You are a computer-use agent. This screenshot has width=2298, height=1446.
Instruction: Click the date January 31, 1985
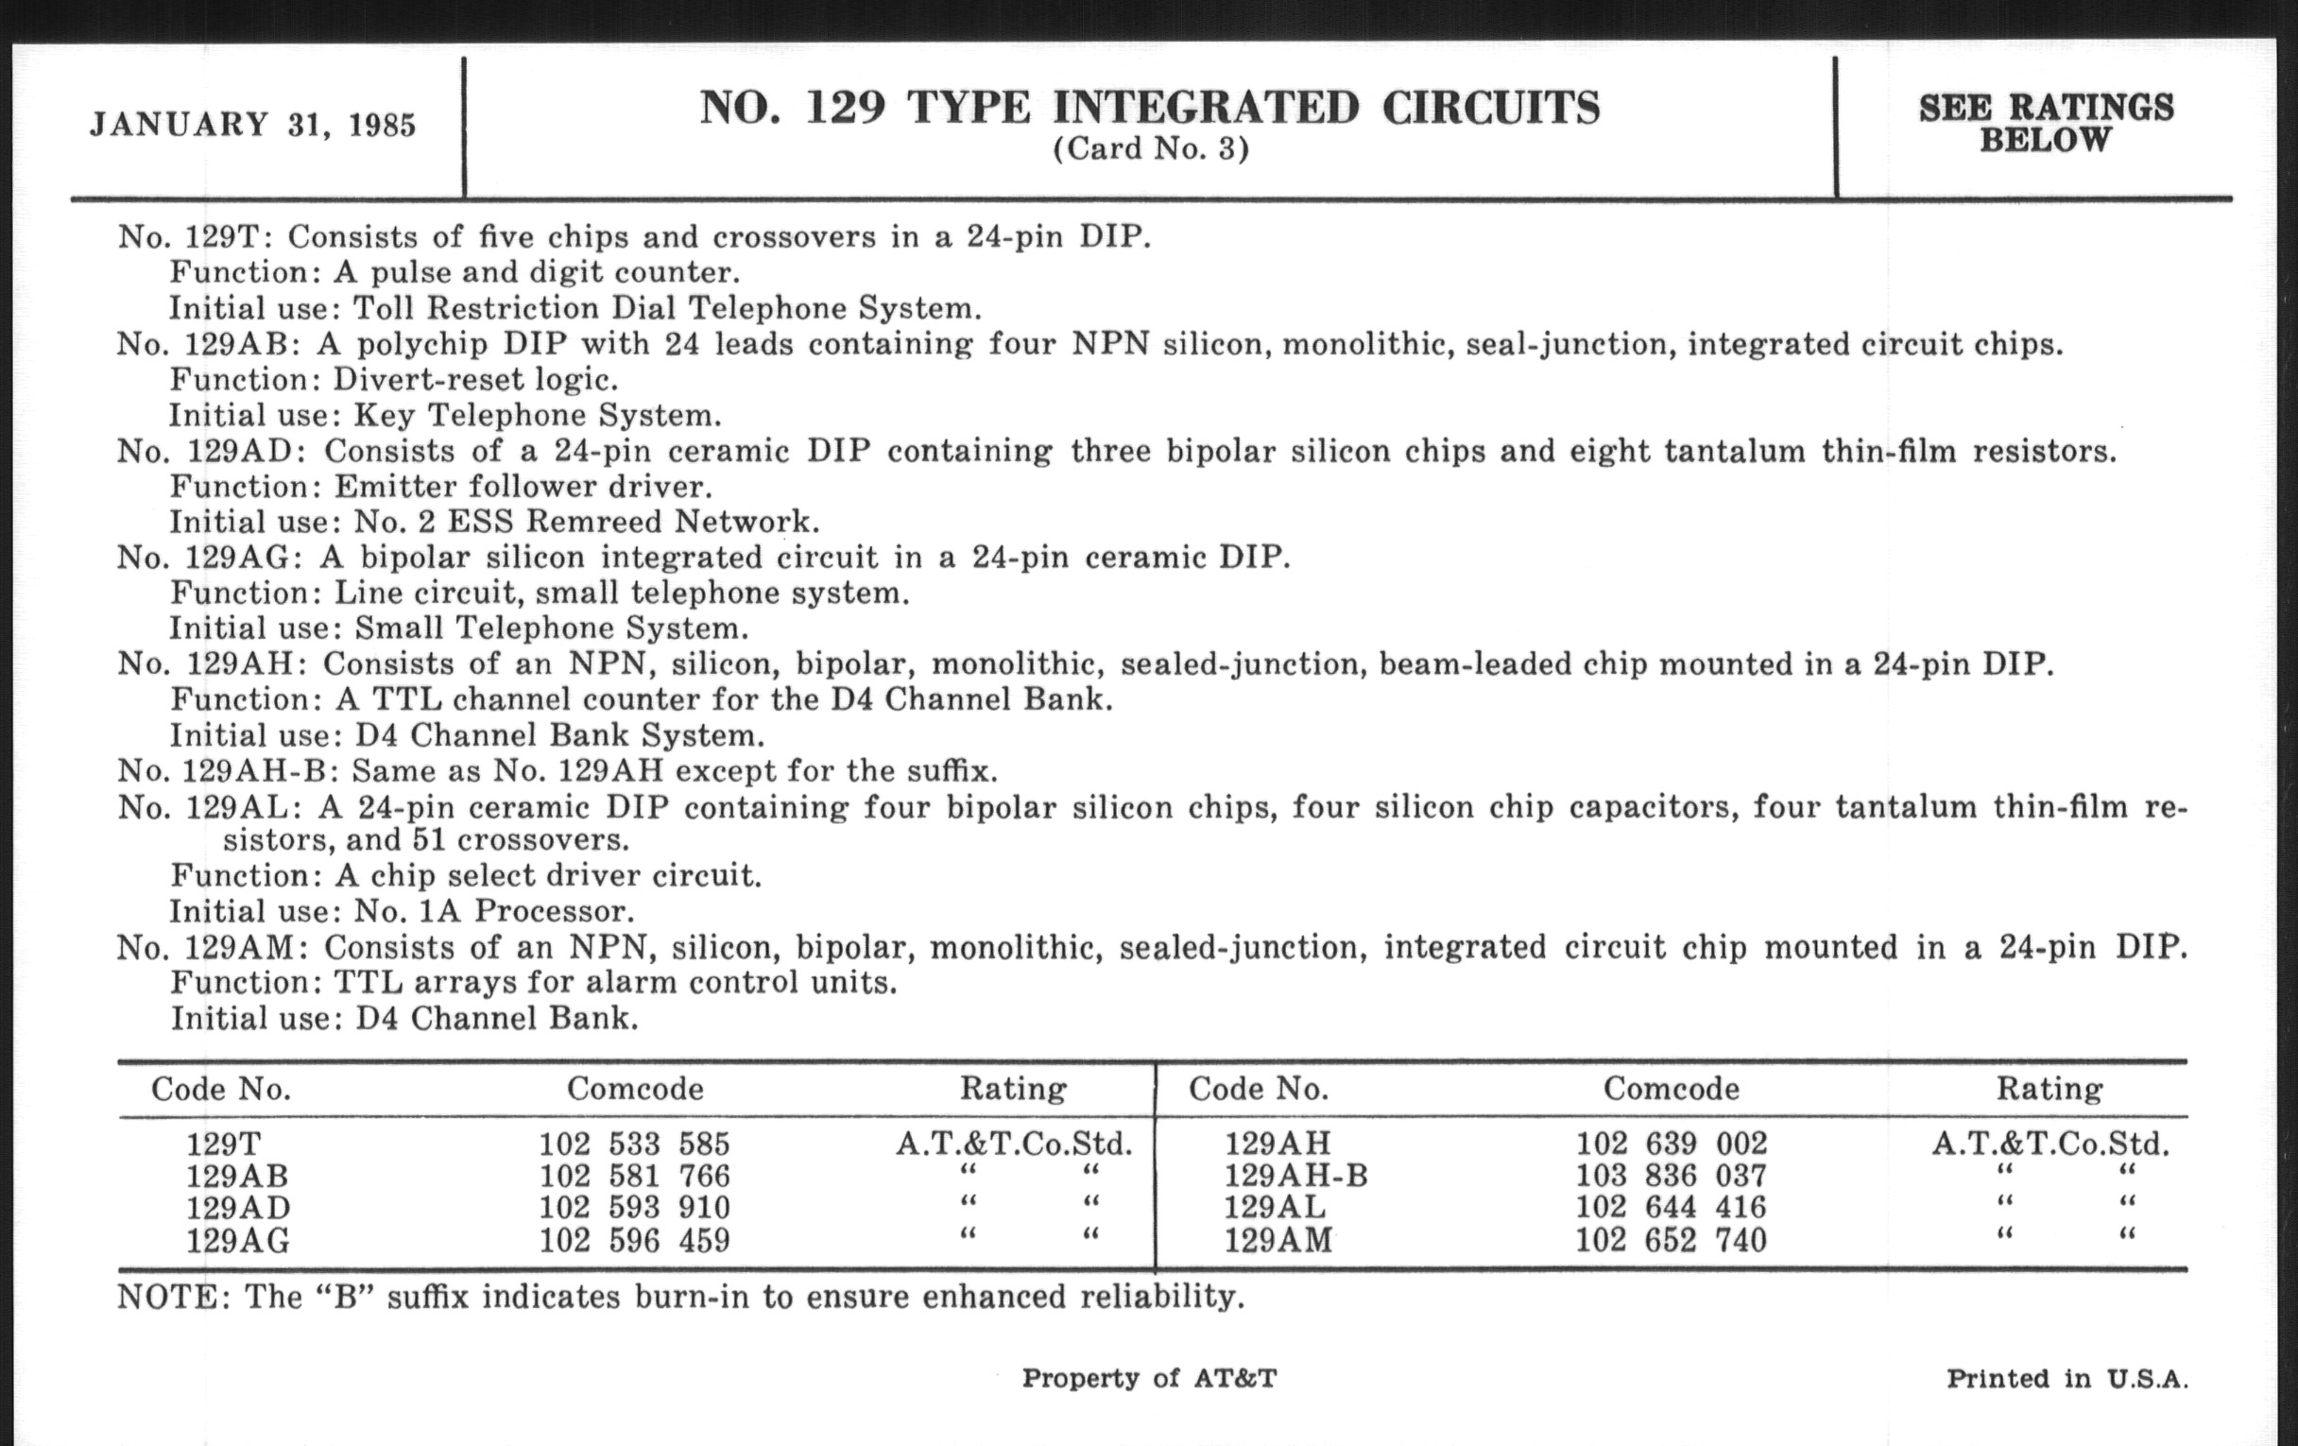[253, 126]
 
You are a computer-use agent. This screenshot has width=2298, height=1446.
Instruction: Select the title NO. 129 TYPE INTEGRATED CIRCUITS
[1149, 108]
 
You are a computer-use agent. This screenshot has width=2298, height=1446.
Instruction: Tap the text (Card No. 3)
[1150, 150]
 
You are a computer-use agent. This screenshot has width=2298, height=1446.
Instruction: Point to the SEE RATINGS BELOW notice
[2046, 123]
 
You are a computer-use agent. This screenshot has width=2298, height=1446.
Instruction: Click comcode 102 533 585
[634, 1144]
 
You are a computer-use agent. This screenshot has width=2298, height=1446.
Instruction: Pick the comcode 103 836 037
[1671, 1175]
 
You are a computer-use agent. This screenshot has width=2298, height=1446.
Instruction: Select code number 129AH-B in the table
[1295, 1175]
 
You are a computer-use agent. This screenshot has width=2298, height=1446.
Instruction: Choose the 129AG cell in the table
[237, 1241]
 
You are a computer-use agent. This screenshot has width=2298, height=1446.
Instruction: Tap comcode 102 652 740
[1671, 1240]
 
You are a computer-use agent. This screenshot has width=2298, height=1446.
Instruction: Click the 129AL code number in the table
[1275, 1208]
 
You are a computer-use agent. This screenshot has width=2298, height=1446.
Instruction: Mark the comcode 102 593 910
[634, 1208]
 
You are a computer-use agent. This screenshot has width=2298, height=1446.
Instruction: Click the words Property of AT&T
[1149, 1378]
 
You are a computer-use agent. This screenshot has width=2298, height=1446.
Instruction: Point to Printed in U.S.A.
[2066, 1379]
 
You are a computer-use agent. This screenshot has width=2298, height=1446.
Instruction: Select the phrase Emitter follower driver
[523, 487]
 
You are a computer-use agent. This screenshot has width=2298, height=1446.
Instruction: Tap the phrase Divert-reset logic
[475, 380]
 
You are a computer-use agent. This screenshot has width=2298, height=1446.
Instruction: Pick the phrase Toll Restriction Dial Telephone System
[667, 308]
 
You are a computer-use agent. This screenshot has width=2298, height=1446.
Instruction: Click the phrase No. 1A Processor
[494, 911]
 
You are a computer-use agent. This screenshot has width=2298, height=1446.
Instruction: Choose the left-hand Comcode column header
[635, 1089]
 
